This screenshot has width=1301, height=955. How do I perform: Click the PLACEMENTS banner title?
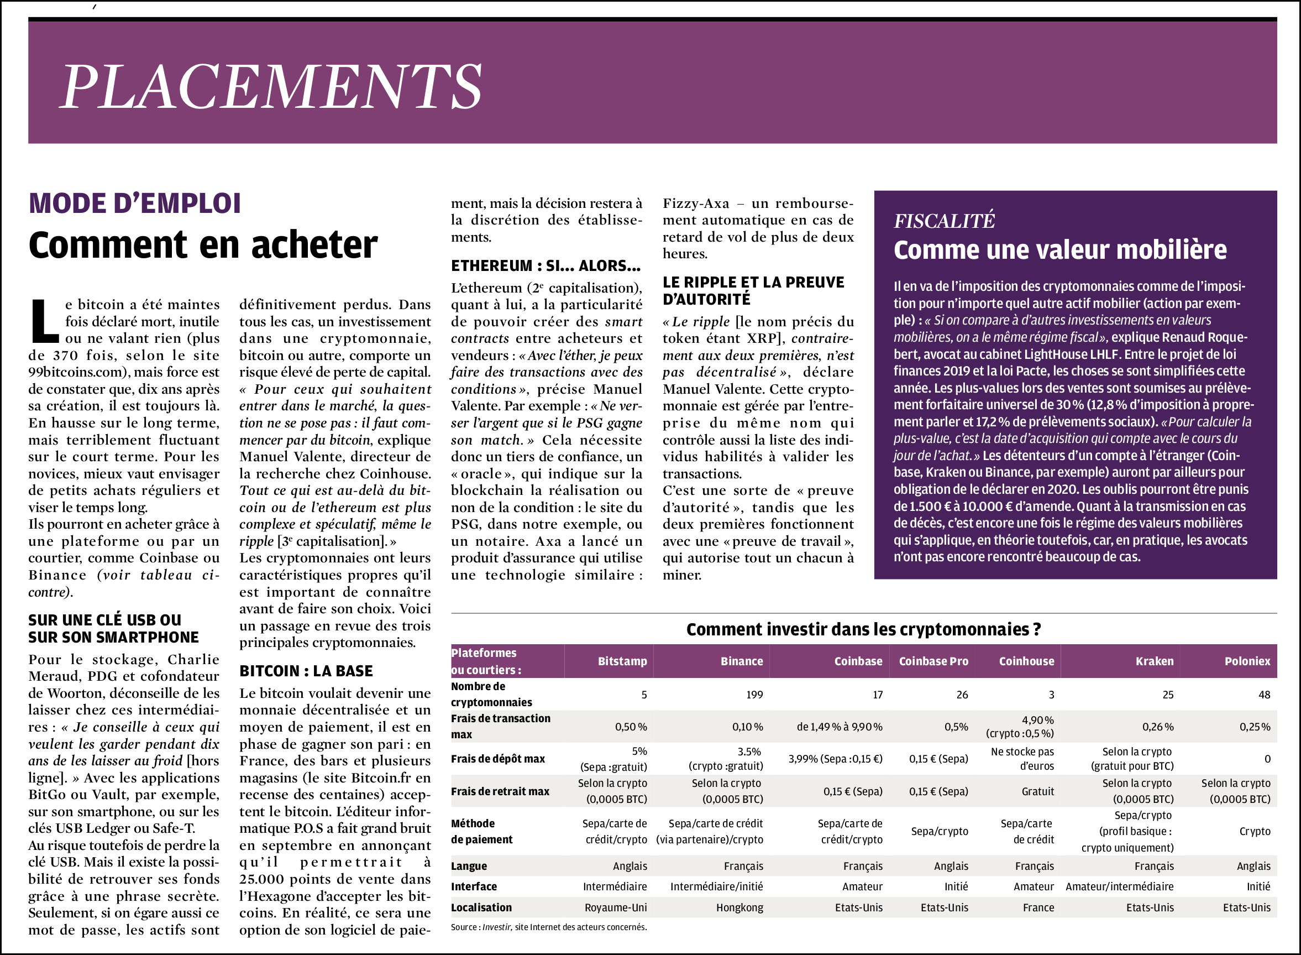click(x=271, y=86)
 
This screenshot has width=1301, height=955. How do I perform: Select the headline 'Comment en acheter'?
click(x=203, y=244)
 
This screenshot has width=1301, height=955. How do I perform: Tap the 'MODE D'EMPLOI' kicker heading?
click(x=135, y=203)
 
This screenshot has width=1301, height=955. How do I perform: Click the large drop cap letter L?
click(x=44, y=321)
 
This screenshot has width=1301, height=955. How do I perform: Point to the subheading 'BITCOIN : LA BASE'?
click(x=306, y=671)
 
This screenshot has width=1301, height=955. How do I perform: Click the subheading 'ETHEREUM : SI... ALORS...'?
click(x=545, y=265)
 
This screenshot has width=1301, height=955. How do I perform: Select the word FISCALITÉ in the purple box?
click(x=944, y=221)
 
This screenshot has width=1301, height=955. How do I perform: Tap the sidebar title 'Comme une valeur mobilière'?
click(x=1060, y=250)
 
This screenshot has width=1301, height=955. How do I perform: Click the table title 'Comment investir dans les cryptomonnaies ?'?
click(x=863, y=629)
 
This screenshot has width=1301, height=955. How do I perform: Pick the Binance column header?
click(x=741, y=661)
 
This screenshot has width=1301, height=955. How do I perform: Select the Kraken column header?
click(x=1154, y=661)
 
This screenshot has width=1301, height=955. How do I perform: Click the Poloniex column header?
click(x=1247, y=661)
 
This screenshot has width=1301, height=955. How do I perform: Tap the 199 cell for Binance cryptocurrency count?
click(x=754, y=695)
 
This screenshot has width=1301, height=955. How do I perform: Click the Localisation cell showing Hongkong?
click(x=739, y=907)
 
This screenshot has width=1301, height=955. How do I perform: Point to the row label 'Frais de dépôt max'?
click(x=497, y=759)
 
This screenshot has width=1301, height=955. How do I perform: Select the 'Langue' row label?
click(x=469, y=866)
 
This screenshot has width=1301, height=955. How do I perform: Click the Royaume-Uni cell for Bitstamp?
click(x=615, y=907)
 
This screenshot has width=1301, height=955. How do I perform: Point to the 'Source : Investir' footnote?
click(x=548, y=927)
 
